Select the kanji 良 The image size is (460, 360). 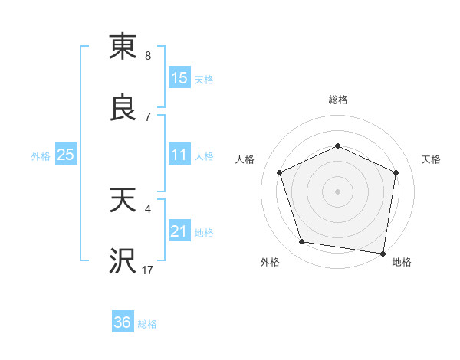tap(123, 107)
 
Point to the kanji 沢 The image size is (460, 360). tap(123, 261)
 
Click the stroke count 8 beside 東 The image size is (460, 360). tap(148, 56)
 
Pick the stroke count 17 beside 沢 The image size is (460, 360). tap(147, 270)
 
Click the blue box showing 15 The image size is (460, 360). tap(179, 78)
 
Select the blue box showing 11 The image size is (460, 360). tap(179, 155)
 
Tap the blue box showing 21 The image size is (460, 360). tap(179, 231)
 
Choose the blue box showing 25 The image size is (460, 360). tap(65, 155)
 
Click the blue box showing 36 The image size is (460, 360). tap(123, 322)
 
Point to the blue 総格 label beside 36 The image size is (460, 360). tap(147, 324)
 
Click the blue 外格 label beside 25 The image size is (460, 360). tap(41, 156)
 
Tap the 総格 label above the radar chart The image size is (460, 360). tap(337, 100)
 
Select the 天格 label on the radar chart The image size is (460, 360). tap(431, 159)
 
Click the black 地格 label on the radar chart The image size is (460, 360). tap(402, 263)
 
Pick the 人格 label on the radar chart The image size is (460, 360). tap(245, 159)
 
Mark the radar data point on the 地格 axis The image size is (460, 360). tap(383, 253)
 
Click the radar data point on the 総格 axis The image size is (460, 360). tap(337, 146)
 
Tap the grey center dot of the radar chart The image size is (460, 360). tap(337, 191)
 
